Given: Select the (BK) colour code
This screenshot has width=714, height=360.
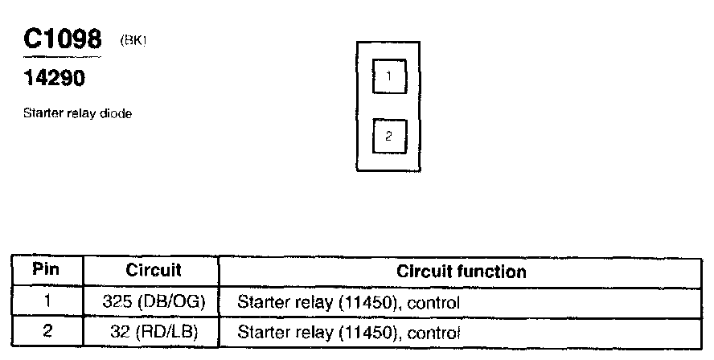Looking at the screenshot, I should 133,40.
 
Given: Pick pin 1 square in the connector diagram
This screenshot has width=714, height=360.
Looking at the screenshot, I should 389,77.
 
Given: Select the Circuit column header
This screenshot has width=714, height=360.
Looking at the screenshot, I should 154,271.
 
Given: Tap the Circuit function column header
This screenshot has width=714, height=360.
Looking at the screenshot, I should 462,272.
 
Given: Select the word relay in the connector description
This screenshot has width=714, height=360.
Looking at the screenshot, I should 81,114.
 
